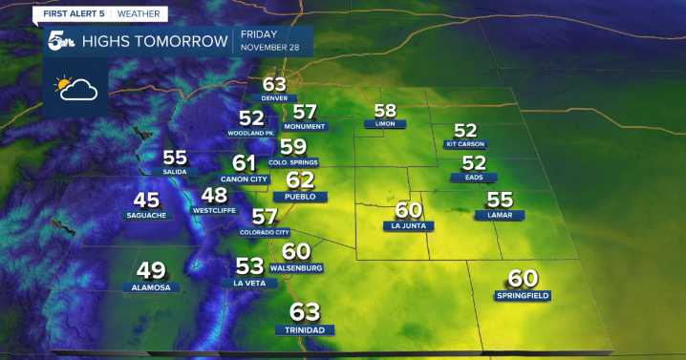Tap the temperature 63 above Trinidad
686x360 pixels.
tap(305, 311)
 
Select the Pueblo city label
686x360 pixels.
tap(293, 197)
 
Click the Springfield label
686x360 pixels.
tap(523, 296)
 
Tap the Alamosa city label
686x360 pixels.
tap(152, 287)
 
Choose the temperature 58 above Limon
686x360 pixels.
tap(385, 110)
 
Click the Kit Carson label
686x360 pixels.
tap(465, 144)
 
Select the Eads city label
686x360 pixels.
tap(474, 178)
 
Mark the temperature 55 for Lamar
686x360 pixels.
tap(500, 199)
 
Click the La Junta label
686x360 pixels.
tap(408, 226)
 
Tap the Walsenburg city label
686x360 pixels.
tap(296, 268)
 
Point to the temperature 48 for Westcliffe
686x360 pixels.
tap(214, 194)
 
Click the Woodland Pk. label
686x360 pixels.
tap(251, 133)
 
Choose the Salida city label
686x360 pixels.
tap(175, 172)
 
